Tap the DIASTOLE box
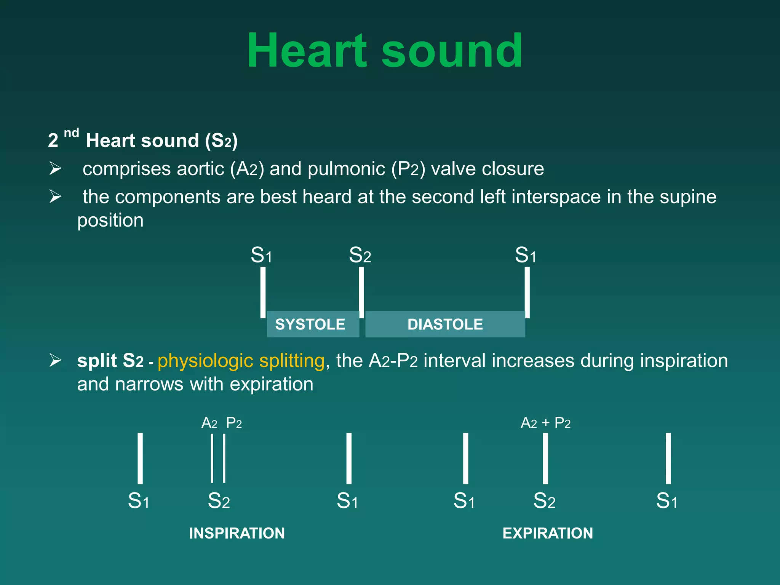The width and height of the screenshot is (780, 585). pos(445,324)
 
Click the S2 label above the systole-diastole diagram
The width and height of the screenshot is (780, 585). pos(360,255)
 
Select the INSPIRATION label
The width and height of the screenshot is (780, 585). pos(237,533)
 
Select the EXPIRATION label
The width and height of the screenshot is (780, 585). pos(547,533)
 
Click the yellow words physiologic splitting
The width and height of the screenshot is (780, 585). pos(241,360)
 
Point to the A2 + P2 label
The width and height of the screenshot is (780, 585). pos(545,423)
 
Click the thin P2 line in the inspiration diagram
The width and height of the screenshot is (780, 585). pos(224,458)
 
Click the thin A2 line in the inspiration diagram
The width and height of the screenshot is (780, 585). pos(212,458)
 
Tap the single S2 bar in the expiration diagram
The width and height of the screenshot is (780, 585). pos(545,458)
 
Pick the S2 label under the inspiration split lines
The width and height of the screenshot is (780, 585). pos(219,500)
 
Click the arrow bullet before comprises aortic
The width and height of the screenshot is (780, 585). pos(55,168)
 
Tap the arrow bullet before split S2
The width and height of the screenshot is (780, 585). pos(55,360)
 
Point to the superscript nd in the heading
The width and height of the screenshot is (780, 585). pos(71,133)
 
